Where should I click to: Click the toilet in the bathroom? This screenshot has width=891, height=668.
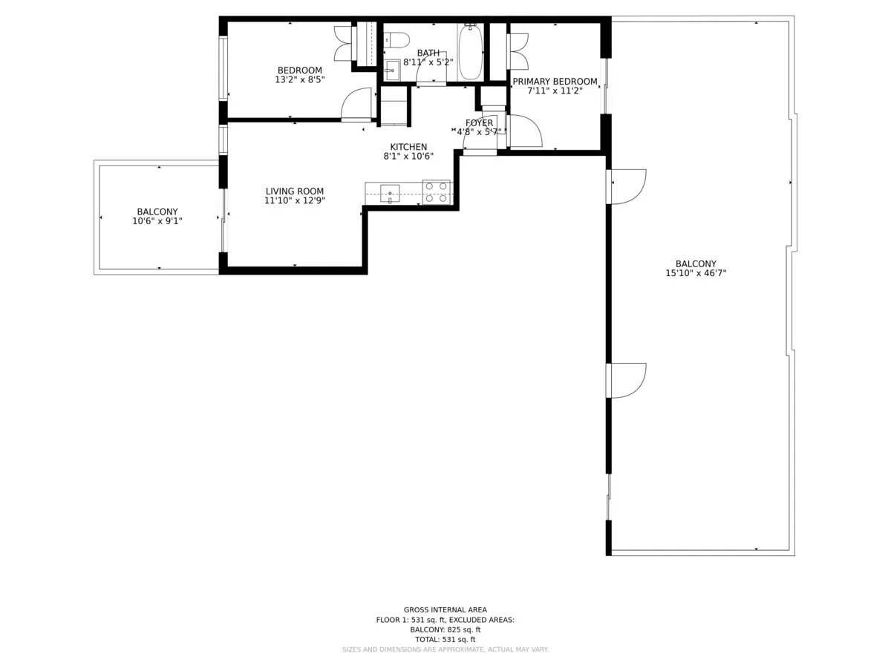click(399, 39)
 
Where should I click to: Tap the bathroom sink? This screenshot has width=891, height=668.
click(391, 71)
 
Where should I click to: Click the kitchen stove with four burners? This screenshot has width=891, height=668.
click(436, 191)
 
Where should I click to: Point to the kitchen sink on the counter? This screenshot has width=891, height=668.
click(390, 193)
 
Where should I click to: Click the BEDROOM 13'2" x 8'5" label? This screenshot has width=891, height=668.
click(299, 75)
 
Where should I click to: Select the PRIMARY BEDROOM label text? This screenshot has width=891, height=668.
click(555, 82)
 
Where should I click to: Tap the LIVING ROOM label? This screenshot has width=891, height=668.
click(295, 191)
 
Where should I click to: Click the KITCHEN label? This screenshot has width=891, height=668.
click(408, 147)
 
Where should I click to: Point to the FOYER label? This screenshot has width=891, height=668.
click(479, 123)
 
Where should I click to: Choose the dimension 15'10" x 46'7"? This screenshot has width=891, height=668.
click(696, 273)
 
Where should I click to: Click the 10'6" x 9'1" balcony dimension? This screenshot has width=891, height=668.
click(157, 220)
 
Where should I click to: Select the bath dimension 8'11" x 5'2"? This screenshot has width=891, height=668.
click(428, 62)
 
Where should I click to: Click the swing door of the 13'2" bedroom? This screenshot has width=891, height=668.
click(357, 104)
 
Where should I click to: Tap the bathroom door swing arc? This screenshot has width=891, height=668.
click(431, 71)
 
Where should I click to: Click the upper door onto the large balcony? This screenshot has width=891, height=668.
click(628, 186)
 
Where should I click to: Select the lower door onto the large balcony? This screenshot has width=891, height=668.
click(628, 379)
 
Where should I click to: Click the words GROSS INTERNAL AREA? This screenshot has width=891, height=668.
click(446, 609)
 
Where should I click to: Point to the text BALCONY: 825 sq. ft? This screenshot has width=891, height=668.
click(446, 629)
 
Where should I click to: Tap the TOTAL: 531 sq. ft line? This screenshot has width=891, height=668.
click(446, 639)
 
